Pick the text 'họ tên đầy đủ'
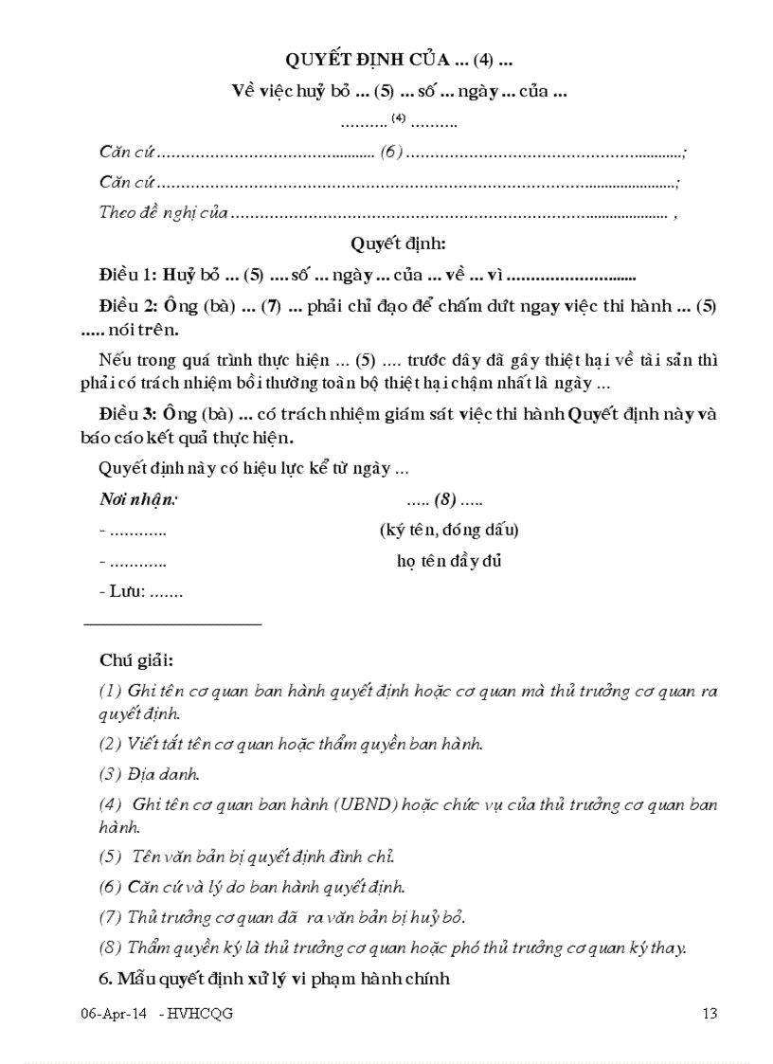[x=449, y=561]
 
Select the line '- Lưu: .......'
[x=140, y=592]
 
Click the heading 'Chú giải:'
[x=136, y=659]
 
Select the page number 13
[x=710, y=1014]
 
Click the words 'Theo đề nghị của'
[x=163, y=212]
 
